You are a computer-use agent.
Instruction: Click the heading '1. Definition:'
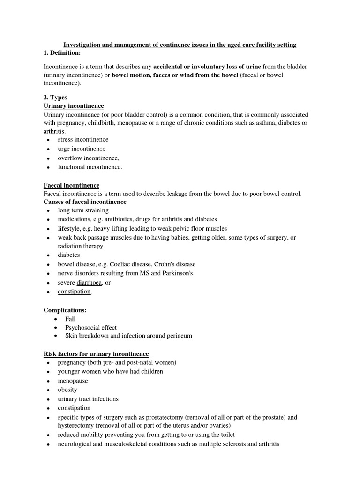click(62, 53)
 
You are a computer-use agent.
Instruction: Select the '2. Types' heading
click(55, 97)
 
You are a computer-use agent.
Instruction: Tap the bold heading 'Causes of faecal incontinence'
click(85, 202)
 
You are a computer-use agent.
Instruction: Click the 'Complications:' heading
click(65, 310)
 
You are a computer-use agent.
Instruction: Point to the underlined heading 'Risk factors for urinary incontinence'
click(96, 353)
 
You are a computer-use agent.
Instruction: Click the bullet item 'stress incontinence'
click(83, 140)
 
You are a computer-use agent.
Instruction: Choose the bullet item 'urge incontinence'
click(82, 149)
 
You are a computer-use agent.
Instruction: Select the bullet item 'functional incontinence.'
click(90, 167)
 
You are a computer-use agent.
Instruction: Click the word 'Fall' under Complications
click(70, 319)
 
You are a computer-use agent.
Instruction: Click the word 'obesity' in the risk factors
click(67, 390)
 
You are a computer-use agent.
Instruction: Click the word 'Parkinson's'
click(175, 273)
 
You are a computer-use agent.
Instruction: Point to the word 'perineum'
click(179, 336)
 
